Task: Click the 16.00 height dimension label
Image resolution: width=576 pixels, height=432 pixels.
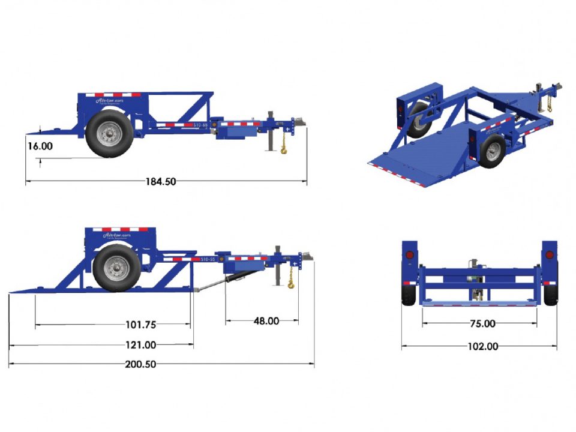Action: click(40, 146)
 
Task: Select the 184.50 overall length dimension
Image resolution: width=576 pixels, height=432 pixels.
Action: click(161, 181)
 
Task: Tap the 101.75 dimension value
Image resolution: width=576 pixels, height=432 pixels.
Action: click(141, 325)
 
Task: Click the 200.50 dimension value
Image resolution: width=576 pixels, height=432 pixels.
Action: click(141, 364)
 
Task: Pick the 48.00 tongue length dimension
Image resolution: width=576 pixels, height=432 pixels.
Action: click(266, 321)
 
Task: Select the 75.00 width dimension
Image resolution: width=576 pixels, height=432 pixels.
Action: click(482, 323)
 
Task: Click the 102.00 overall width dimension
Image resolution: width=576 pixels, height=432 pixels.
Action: click(482, 346)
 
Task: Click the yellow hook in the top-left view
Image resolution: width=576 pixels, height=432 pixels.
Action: click(283, 149)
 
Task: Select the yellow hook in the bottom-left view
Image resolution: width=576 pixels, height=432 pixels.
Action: click(291, 282)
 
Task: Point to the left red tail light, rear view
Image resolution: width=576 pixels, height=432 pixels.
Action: click(410, 256)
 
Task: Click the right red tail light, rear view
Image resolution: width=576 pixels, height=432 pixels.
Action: click(549, 256)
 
